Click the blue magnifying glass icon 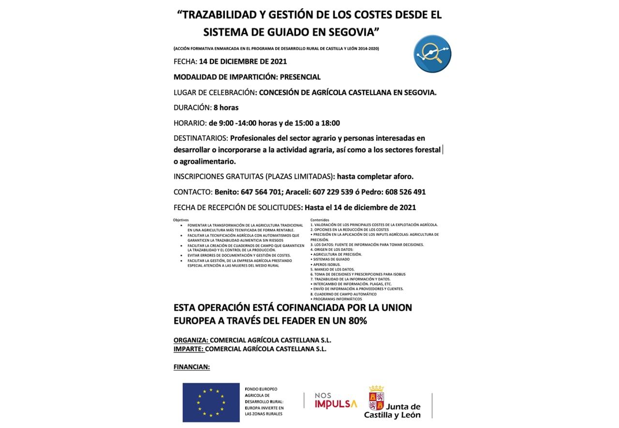432,54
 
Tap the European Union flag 211,402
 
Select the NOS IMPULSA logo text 336,400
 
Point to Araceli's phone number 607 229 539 334,192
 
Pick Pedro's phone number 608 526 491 405,192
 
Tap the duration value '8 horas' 226,107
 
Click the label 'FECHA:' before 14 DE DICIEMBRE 185,61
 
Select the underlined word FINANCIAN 192,367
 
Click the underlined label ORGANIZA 191,340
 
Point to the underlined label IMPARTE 189,349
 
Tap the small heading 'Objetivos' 181,220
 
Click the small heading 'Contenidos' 320,220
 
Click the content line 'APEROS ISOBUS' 326,264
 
